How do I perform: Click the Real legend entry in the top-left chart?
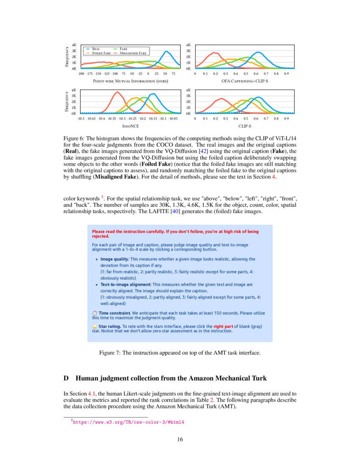(x=96, y=49)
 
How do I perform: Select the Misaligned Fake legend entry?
(x=133, y=53)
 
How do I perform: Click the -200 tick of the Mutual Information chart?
(x=81, y=74)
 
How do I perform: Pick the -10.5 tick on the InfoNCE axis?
(x=81, y=119)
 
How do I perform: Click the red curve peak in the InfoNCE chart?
(x=117, y=92)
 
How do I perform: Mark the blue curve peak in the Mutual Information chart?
(x=166, y=52)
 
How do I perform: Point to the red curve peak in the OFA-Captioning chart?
(x=215, y=53)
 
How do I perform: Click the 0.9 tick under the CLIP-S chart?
(x=286, y=119)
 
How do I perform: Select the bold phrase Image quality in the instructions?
(x=114, y=259)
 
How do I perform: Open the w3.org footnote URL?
(x=129, y=422)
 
